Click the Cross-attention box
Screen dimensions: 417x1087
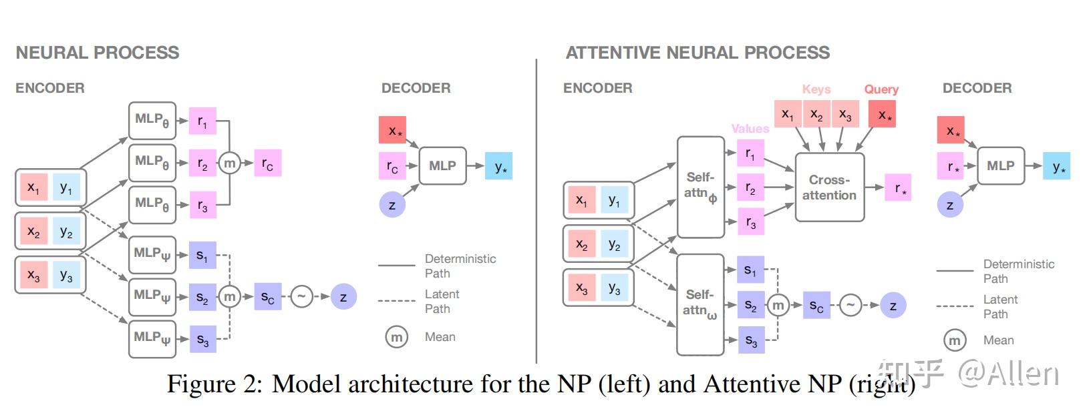click(x=829, y=187)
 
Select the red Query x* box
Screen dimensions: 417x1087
click(x=882, y=114)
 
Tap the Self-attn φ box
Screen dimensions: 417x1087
click(x=701, y=187)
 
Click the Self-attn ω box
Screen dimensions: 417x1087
click(x=700, y=304)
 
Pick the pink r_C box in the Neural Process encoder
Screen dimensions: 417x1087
click(x=267, y=163)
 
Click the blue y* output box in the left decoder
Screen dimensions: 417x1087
click(x=498, y=166)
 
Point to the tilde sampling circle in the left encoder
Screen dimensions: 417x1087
click(x=301, y=296)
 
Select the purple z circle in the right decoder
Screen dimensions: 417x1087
click(x=949, y=204)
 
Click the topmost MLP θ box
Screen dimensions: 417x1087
click(x=152, y=120)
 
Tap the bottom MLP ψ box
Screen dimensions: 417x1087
click(x=152, y=338)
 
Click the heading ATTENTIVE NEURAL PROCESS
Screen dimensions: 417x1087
click(x=697, y=53)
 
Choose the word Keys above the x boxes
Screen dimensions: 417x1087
click(x=816, y=89)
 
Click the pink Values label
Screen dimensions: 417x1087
click(x=750, y=129)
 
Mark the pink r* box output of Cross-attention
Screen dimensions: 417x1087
click(x=898, y=187)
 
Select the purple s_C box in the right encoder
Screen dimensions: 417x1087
click(x=816, y=305)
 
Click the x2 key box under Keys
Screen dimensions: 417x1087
click(x=816, y=114)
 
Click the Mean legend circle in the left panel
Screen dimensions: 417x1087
click(x=396, y=337)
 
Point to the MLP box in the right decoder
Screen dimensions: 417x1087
click(x=1000, y=165)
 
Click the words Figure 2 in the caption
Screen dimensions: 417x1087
click(x=214, y=384)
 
